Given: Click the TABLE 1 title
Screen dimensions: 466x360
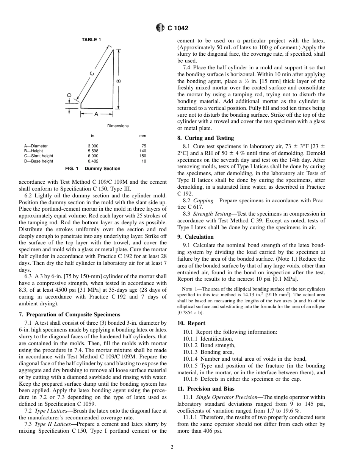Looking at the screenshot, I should click(91, 40).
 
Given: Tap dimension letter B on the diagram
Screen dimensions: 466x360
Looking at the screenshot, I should click(119, 80).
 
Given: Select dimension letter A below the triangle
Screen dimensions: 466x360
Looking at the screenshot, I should click(96, 114).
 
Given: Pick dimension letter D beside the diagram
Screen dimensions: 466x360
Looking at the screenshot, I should click(69, 95).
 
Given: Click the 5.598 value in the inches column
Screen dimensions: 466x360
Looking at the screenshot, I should click(93, 151).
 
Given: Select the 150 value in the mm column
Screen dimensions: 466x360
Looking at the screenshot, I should click(142, 156).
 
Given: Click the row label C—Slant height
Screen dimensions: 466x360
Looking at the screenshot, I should click(39, 156).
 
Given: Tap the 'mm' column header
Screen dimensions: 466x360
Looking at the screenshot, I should click(142, 136).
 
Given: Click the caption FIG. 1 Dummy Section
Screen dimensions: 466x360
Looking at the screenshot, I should click(93, 169).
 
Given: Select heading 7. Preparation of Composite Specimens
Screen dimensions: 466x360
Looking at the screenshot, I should click(69, 314).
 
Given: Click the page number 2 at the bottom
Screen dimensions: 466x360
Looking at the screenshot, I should click(172, 447).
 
